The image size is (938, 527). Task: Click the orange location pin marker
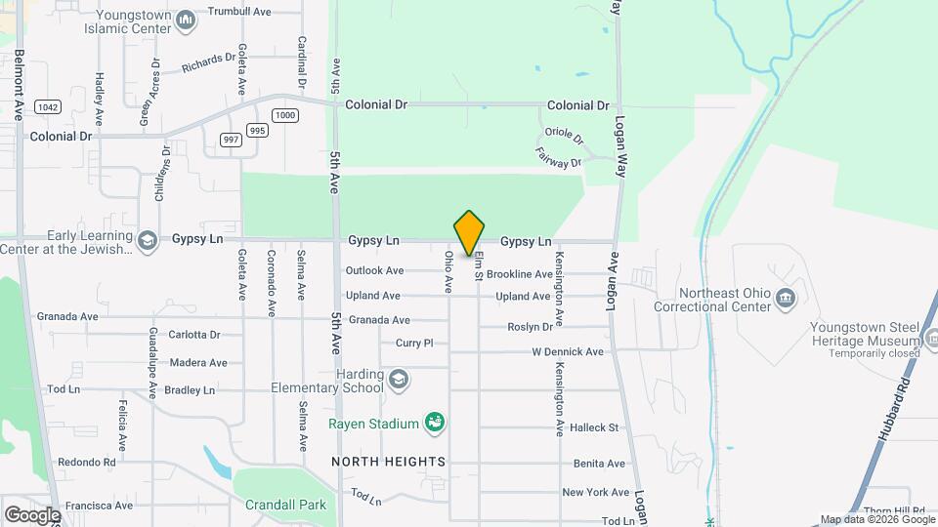pyautogui.click(x=469, y=233)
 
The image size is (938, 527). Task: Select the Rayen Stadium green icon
pyautogui.click(x=435, y=423)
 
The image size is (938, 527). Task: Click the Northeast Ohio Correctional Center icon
pyautogui.click(x=785, y=298)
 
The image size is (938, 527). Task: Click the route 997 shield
pyautogui.click(x=231, y=140)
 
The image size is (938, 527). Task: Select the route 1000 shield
pyautogui.click(x=285, y=115)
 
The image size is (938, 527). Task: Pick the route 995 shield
pyautogui.click(x=257, y=130)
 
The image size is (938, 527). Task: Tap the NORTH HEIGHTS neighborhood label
pyautogui.click(x=388, y=461)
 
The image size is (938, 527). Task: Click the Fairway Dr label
pyautogui.click(x=559, y=155)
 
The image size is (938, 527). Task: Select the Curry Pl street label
pyautogui.click(x=413, y=343)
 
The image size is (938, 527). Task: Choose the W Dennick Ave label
pyautogui.click(x=568, y=351)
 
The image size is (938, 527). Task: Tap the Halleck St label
pyautogui.click(x=594, y=427)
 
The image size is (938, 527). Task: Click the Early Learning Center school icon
pyautogui.click(x=148, y=241)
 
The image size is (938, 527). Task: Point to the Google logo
pyautogui.click(x=31, y=514)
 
